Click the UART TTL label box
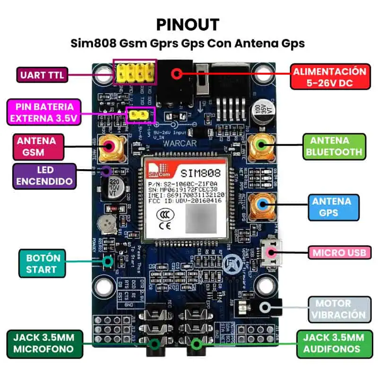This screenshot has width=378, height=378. [42, 75]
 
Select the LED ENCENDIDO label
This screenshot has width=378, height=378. [44, 176]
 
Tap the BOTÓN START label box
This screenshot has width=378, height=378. [41, 264]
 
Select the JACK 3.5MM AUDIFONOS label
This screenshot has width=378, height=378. [334, 344]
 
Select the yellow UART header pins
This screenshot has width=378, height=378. [135, 72]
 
